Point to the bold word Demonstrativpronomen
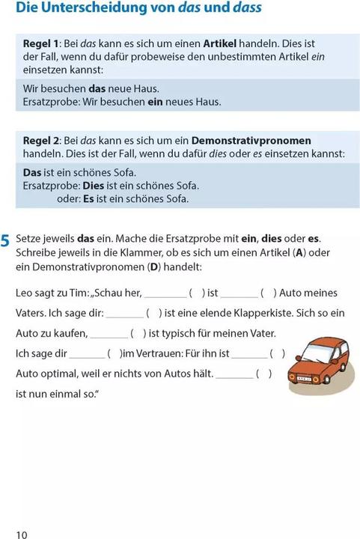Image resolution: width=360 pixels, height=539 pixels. pyautogui.click(x=241, y=140)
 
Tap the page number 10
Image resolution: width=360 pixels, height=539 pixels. pyautogui.click(x=21, y=534)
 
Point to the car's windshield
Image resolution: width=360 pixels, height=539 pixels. pyautogui.click(x=312, y=350)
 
